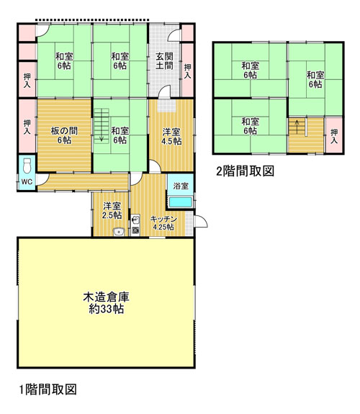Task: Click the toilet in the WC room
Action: pos(27,166)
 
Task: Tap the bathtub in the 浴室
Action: pos(181,202)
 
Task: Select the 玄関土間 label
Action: pos(164,61)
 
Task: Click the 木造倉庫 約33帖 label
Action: pos(106,302)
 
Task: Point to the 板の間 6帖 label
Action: pos(64,135)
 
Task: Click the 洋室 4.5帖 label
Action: pos(171,136)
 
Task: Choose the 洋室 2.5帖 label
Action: pos(112,210)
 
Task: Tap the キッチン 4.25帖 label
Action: pos(163,223)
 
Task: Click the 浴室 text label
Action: pos(181,186)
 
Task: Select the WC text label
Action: pos(27,181)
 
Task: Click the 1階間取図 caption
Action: pos(48,390)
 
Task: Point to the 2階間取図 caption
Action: pos(245,171)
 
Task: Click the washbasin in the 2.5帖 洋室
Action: pos(119,232)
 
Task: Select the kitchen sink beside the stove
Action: pos(135,220)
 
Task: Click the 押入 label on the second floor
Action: pos(334,136)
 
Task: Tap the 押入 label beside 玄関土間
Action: pos(187,71)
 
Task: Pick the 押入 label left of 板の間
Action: pos(27,127)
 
